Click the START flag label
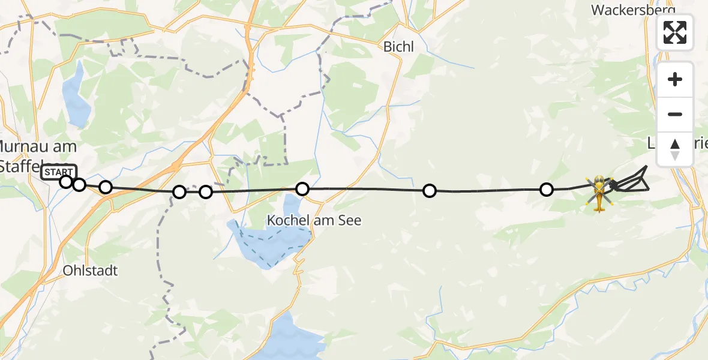[59, 172]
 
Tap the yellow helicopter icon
[599, 193]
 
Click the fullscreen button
[675, 32]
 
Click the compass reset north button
[675, 149]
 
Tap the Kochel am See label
[314, 221]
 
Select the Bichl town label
[399, 47]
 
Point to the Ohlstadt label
[91, 271]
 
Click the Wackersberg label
[632, 10]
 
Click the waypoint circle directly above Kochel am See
[302, 189]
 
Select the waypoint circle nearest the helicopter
[547, 190]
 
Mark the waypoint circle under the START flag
[66, 181]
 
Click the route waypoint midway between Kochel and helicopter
[430, 191]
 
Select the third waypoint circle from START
[106, 187]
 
